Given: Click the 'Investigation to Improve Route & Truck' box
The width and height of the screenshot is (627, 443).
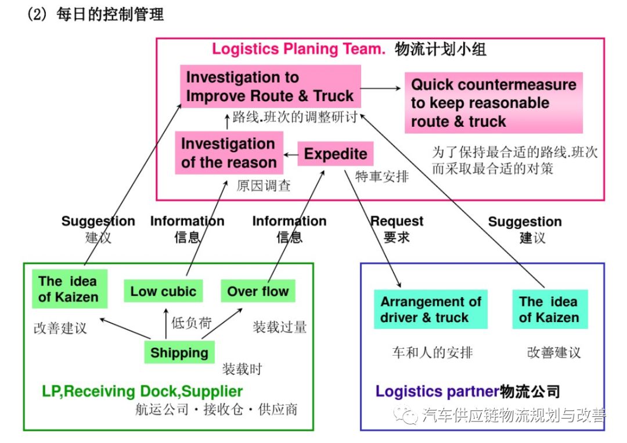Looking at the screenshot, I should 270,87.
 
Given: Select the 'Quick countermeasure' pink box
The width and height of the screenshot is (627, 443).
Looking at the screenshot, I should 493,103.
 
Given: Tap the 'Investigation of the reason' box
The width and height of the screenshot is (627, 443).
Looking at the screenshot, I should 229,153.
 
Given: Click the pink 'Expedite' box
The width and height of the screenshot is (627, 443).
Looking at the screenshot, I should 336,154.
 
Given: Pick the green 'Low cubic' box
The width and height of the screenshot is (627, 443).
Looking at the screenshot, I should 163,291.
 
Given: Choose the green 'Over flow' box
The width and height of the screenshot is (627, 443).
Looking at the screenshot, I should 258,291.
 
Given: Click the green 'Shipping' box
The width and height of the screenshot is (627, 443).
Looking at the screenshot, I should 179,353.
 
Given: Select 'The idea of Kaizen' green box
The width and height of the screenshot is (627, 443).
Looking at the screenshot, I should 68,289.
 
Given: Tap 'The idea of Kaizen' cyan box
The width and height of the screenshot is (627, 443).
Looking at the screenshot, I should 549,309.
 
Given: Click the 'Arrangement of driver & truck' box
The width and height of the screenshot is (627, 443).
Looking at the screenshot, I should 431,309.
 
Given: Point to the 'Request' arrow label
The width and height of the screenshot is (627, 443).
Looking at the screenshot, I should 397,222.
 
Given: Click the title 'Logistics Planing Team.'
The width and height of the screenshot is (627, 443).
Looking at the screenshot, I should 298,49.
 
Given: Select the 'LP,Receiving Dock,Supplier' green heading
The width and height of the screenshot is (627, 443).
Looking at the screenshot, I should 142,391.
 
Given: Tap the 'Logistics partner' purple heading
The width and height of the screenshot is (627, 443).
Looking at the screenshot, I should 437,391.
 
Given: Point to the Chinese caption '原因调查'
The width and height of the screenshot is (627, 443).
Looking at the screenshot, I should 263,186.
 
